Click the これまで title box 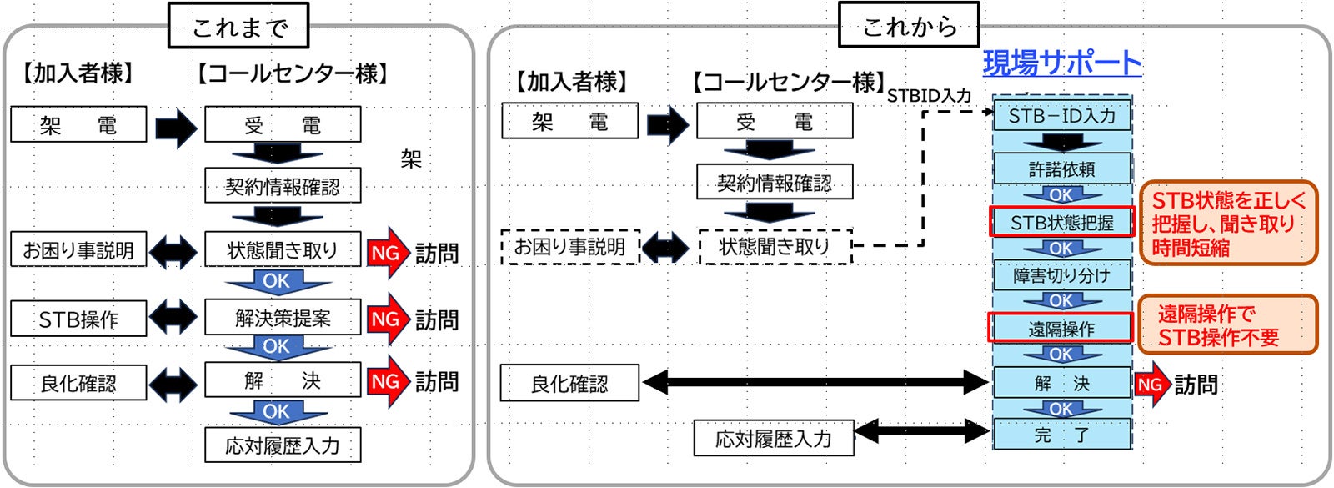[238, 26]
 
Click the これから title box [908, 26]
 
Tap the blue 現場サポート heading [1061, 63]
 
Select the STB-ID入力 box [1061, 116]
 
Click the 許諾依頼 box [1061, 169]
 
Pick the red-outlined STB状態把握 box [1061, 223]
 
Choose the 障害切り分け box [1061, 275]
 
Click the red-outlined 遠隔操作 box [1061, 329]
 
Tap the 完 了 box [1061, 435]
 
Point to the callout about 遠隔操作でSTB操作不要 [1227, 324]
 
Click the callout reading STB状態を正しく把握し [1227, 223]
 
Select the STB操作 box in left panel [78, 319]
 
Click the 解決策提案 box [283, 318]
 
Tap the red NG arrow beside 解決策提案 [387, 319]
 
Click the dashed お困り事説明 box [570, 247]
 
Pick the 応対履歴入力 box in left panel [283, 445]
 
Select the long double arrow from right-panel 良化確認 [815, 383]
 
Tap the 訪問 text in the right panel [1196, 385]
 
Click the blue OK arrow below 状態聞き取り [276, 282]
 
